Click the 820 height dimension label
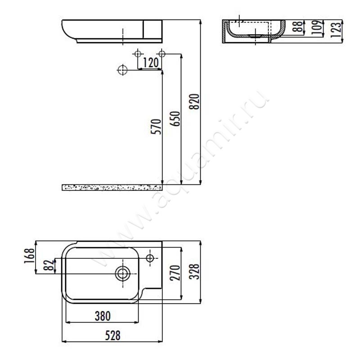194,102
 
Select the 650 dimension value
175,119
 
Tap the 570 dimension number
156,126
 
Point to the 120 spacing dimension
151,63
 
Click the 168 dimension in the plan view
30,256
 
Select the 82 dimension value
49,265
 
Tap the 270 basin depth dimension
175,273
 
